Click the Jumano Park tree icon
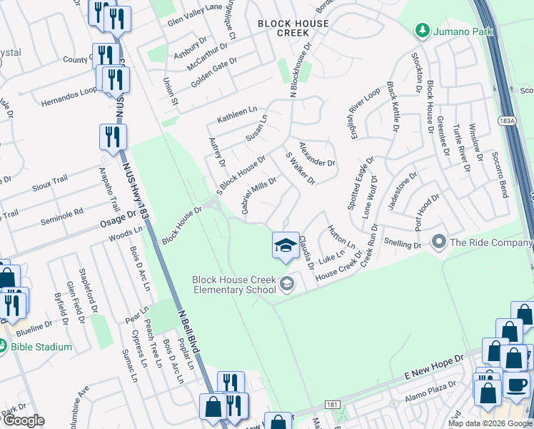(422, 30)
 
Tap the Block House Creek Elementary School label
(233, 285)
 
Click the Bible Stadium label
(41, 347)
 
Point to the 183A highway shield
(506, 122)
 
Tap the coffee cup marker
(515, 385)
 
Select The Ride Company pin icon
(439, 242)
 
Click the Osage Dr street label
(121, 218)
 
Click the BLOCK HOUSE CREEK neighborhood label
(293, 29)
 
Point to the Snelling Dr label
(403, 244)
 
